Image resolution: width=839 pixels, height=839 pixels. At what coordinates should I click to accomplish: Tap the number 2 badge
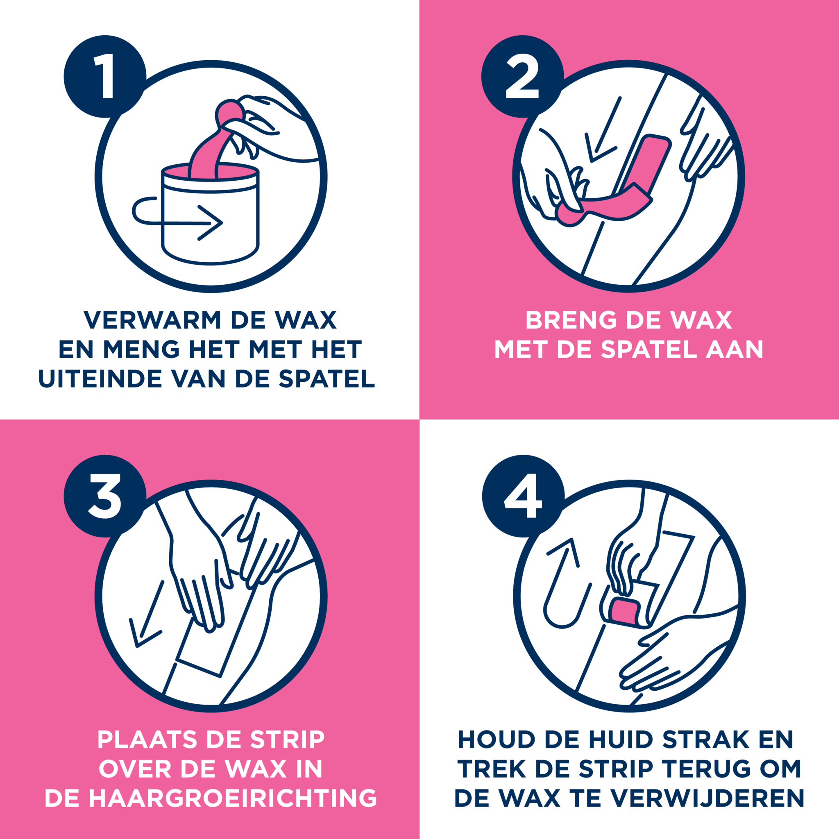(x=522, y=77)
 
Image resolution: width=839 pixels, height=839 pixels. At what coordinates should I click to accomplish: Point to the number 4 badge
(x=523, y=497)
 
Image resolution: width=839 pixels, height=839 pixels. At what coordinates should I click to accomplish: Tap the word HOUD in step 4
(x=497, y=740)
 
